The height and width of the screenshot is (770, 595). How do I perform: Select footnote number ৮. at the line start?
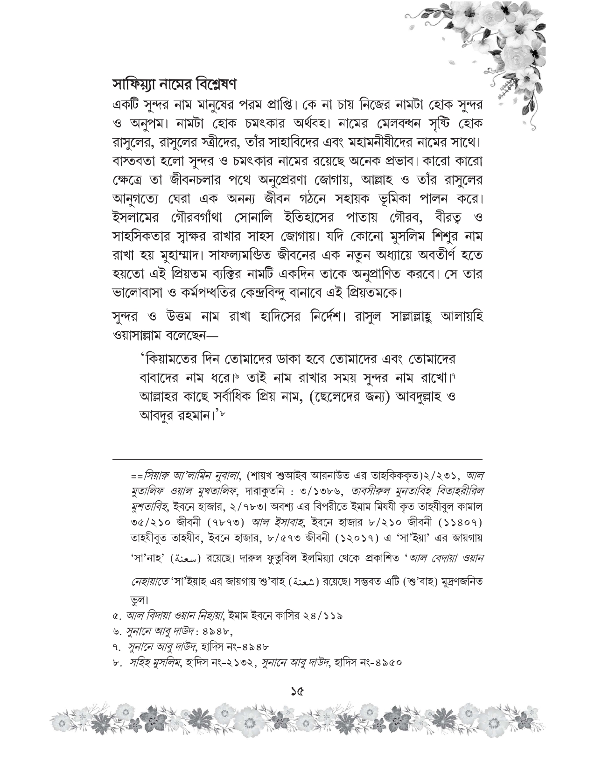point(117,662)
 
